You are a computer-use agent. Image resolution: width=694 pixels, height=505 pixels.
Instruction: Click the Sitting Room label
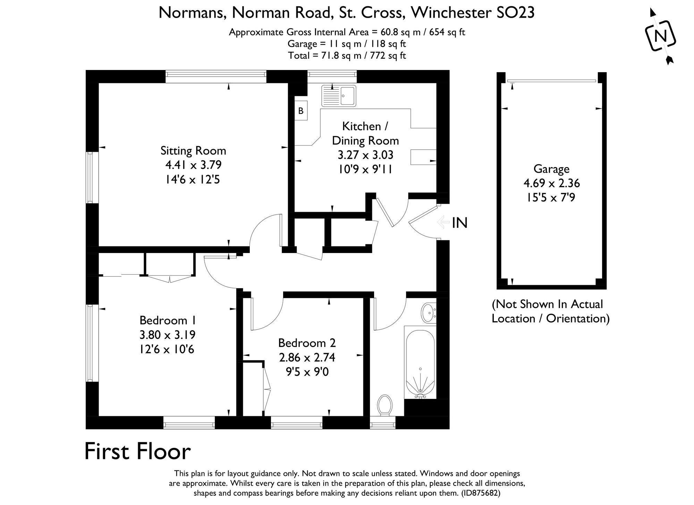[x=193, y=151]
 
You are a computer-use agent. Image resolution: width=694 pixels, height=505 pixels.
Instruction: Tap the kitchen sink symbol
[x=338, y=95]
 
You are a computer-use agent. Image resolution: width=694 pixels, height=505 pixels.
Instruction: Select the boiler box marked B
[x=301, y=111]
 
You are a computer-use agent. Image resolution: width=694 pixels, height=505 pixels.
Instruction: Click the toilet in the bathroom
[x=385, y=405]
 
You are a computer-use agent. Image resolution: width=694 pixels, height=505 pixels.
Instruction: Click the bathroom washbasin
[x=429, y=313]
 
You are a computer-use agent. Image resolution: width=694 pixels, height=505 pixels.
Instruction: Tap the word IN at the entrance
[x=460, y=223]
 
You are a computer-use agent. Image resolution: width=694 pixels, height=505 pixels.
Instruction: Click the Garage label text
[x=551, y=169]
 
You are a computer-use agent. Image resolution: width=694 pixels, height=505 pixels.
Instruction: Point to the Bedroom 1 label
[x=167, y=320]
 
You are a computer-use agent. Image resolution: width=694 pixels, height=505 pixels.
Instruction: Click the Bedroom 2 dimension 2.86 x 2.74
[x=307, y=357]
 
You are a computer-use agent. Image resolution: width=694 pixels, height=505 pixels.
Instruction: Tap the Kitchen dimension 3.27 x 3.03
[x=365, y=155]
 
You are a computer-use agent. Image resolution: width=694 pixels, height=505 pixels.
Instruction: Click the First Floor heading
[x=137, y=451]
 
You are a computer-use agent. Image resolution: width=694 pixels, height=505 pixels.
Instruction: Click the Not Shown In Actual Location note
[x=550, y=311]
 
